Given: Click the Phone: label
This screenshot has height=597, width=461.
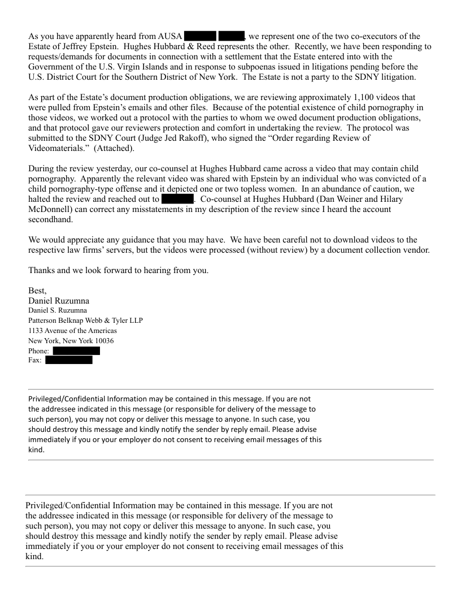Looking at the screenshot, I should (39, 351).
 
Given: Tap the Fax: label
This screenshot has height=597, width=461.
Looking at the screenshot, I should (35, 361).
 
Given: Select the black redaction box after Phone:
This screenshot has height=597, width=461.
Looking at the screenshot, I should (76, 351).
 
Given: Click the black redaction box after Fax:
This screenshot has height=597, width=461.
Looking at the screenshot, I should (68, 361).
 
